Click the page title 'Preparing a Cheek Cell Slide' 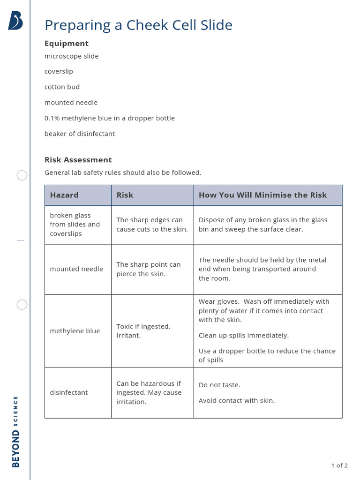pos(138,25)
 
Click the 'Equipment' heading pos(66,44)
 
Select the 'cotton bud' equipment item pos(62,87)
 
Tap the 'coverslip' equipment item pos(59,72)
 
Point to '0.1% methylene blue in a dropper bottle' pos(109,118)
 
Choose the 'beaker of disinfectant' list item pos(79,134)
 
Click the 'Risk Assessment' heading pos(78,160)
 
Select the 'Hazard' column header pos(64,195)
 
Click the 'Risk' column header pos(125,195)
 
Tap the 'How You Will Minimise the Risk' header pos(262,195)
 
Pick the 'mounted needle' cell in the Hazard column pos(76,269)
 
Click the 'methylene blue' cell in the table pos(75,331)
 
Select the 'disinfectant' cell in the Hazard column pos(69,392)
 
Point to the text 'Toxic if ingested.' pos(143,326)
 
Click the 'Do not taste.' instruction pos(219,385)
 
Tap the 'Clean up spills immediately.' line pos(244,336)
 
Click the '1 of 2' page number pos(339,465)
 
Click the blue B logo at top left pos(15,21)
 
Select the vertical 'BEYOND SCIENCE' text pos(15,431)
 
